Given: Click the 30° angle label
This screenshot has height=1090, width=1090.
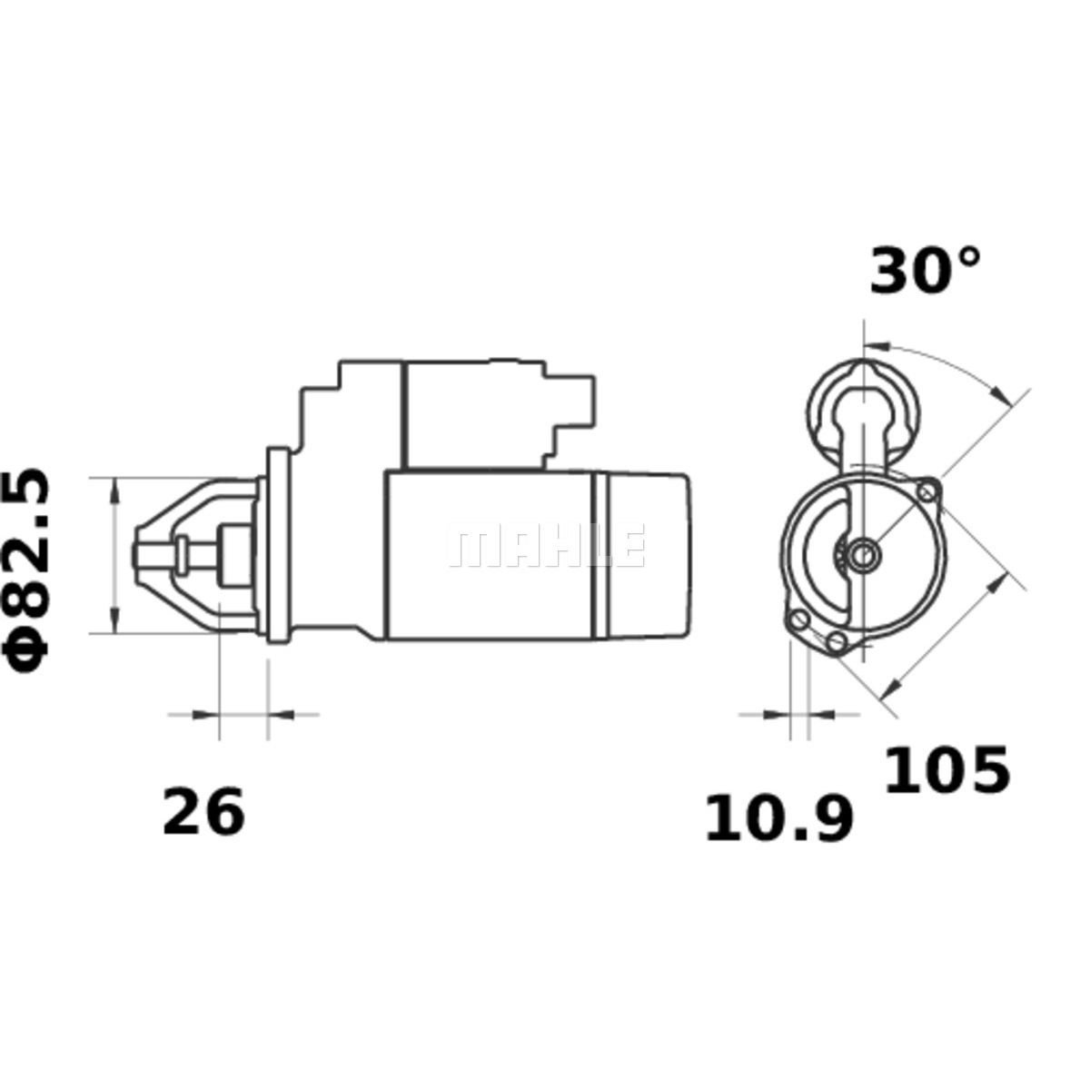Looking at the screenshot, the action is click(925, 271).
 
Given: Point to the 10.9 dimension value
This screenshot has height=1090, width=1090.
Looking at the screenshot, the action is click(778, 817).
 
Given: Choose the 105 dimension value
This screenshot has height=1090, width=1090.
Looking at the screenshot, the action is click(946, 770).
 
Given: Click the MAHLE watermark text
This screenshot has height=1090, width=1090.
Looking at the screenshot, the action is click(546, 545).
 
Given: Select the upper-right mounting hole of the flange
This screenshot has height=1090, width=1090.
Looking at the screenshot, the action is click(927, 492).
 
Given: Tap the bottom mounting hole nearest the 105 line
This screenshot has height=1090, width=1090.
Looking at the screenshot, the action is click(836, 641).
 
